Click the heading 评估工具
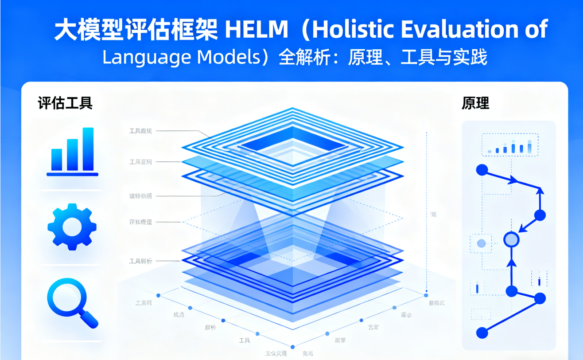(65, 103)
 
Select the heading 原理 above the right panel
(475, 103)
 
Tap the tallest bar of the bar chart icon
(88, 149)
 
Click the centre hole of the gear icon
(72, 227)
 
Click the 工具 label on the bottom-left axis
(245, 340)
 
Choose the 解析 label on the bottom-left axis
(210, 328)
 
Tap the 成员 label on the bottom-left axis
(179, 315)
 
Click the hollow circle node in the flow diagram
(511, 239)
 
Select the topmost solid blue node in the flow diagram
(482, 169)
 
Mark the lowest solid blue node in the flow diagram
(482, 333)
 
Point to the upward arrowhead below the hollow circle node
(511, 263)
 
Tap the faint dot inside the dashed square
(481, 243)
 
